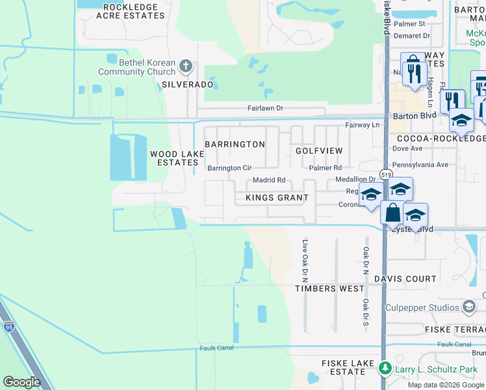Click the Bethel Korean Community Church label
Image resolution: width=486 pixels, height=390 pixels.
pyautogui.click(x=137, y=67)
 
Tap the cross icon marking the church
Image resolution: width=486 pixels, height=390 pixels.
pyautogui.click(x=186, y=66)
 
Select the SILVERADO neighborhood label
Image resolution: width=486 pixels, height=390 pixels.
pyautogui.click(x=187, y=84)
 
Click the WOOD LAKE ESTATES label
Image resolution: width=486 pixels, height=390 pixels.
pyautogui.click(x=177, y=158)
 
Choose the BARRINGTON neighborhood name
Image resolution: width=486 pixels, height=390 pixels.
pyautogui.click(x=235, y=144)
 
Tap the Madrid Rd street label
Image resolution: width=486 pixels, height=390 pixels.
pyautogui.click(x=269, y=180)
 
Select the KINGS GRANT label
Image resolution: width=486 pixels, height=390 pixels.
pyautogui.click(x=277, y=198)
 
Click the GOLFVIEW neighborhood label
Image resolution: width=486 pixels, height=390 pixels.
pyautogui.click(x=319, y=151)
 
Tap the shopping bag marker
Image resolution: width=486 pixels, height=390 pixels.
pyautogui.click(x=392, y=212)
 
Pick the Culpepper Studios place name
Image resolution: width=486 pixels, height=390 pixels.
pyautogui.click(x=422, y=307)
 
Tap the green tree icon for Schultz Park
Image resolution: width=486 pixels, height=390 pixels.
pyautogui.click(x=385, y=369)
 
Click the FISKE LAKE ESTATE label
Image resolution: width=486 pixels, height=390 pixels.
pyautogui.click(x=343, y=367)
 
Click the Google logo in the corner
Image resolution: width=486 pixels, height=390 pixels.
pyautogui.click(x=23, y=382)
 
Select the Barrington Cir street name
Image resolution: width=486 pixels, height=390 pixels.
pyautogui.click(x=229, y=168)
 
